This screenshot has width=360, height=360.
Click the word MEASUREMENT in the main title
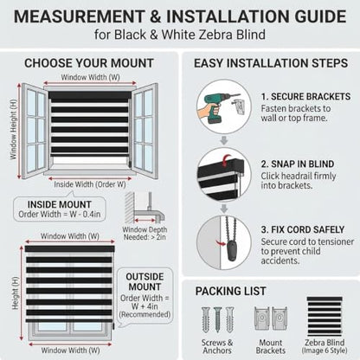(x=79, y=16)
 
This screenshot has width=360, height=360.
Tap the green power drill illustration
(x=215, y=108)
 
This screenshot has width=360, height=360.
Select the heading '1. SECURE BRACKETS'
(x=305, y=97)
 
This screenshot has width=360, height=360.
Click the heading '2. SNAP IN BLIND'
(x=298, y=164)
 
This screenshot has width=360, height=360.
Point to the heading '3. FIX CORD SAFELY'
(x=303, y=229)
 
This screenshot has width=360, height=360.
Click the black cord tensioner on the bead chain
(x=232, y=251)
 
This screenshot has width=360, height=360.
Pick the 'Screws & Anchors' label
(x=217, y=347)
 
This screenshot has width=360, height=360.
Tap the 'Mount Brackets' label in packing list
(x=271, y=347)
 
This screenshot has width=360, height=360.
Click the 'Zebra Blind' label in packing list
(x=325, y=343)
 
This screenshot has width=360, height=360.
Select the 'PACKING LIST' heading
(x=230, y=291)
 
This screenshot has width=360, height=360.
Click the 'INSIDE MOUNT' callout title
(x=60, y=204)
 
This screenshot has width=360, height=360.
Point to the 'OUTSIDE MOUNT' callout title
(x=145, y=282)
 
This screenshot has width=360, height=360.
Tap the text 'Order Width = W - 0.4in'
(x=60, y=215)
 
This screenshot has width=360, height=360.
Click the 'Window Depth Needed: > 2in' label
(x=145, y=234)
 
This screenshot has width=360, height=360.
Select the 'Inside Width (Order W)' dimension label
(x=90, y=184)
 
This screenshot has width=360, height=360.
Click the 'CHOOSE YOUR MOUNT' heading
(x=89, y=63)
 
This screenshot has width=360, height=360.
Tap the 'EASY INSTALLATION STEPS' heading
(x=271, y=63)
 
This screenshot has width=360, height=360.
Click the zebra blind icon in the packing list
(x=325, y=317)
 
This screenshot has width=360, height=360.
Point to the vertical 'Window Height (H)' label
(x=13, y=130)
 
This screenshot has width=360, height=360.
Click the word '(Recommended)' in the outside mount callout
(x=145, y=314)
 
